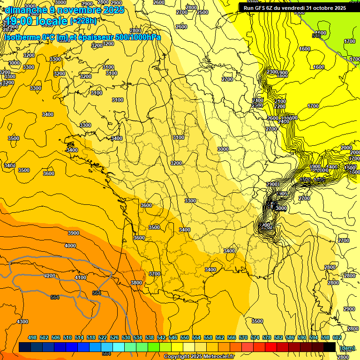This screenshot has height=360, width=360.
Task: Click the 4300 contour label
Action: [x=22, y=322]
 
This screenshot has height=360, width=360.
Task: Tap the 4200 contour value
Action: [x=50, y=276]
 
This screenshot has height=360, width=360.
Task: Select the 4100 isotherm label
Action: [x=80, y=277]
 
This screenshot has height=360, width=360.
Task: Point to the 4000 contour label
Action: [x=70, y=246]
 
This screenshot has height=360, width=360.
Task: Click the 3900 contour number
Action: [x=73, y=233]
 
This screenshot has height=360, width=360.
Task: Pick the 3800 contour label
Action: [x=136, y=283]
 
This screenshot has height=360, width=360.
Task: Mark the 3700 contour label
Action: [x=155, y=274]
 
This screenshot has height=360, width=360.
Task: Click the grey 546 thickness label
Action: [x=317, y=36]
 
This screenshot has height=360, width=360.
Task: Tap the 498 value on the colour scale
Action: [x=32, y=337]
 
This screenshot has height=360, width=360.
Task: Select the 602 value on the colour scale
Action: [x=337, y=337]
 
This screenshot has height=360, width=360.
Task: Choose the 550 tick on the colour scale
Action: [x=185, y=337]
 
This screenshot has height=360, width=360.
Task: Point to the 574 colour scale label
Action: [x=255, y=337]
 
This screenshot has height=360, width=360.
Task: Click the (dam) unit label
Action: [x=347, y=348]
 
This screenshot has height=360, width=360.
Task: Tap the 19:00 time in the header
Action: [x=19, y=21]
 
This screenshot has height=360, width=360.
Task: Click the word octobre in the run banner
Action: [x=319, y=8]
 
